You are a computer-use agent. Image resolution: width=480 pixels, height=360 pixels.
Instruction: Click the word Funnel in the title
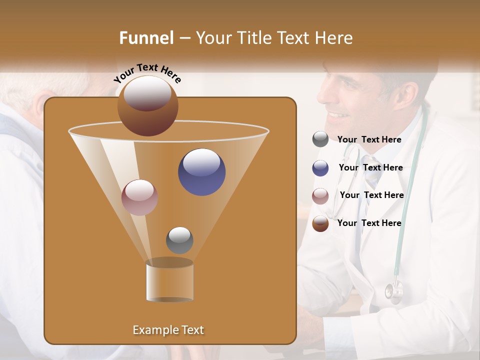click(146, 38)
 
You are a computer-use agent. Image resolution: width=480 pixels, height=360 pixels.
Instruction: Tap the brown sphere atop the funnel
click(148, 106)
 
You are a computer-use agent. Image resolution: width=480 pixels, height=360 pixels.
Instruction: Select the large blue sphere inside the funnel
click(202, 172)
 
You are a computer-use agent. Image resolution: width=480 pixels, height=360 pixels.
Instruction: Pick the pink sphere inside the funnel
click(140, 197)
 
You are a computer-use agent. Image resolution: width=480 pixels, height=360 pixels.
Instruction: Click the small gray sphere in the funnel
click(179, 240)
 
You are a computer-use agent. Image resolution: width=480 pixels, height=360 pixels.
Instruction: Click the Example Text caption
click(168, 330)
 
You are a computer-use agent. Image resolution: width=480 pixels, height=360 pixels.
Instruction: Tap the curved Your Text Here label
click(147, 72)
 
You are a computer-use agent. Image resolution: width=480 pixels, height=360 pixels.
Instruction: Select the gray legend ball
click(320, 139)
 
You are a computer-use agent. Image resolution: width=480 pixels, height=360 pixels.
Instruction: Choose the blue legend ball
click(320, 168)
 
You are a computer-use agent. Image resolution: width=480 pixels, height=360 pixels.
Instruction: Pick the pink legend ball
click(320, 196)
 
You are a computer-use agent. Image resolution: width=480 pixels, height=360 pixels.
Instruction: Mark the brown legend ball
click(320, 223)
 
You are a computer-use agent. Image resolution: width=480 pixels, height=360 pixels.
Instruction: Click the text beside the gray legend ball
click(369, 140)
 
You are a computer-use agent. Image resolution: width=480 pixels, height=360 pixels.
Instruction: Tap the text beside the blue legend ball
click(370, 168)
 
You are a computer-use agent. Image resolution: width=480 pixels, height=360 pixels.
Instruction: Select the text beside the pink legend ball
click(371, 195)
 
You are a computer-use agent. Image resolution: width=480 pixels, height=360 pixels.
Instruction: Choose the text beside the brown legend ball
click(369, 223)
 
